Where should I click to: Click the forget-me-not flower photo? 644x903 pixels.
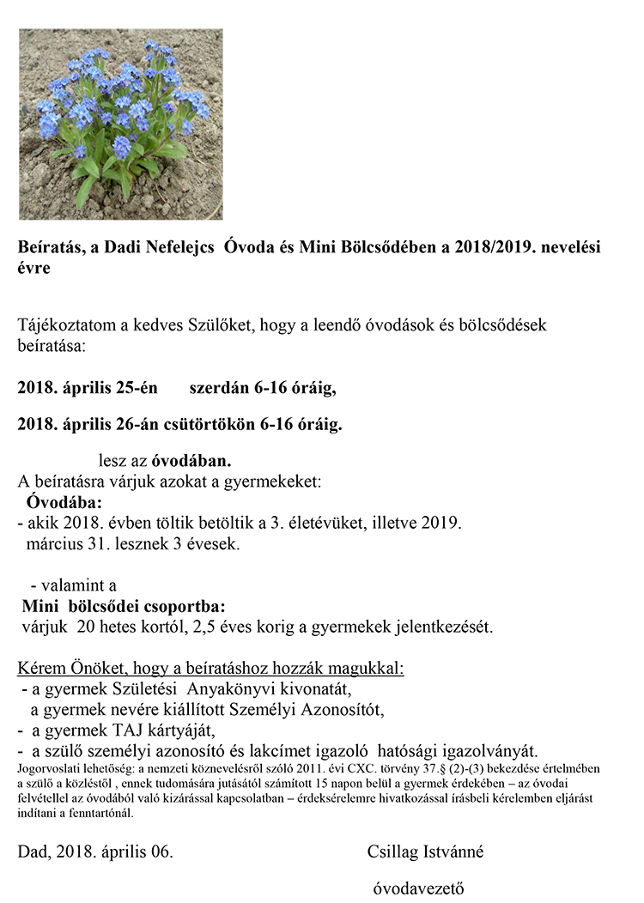121,124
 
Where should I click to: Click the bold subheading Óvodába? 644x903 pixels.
64,501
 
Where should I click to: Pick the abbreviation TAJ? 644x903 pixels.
125,730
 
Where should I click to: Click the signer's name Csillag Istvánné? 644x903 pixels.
424,852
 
